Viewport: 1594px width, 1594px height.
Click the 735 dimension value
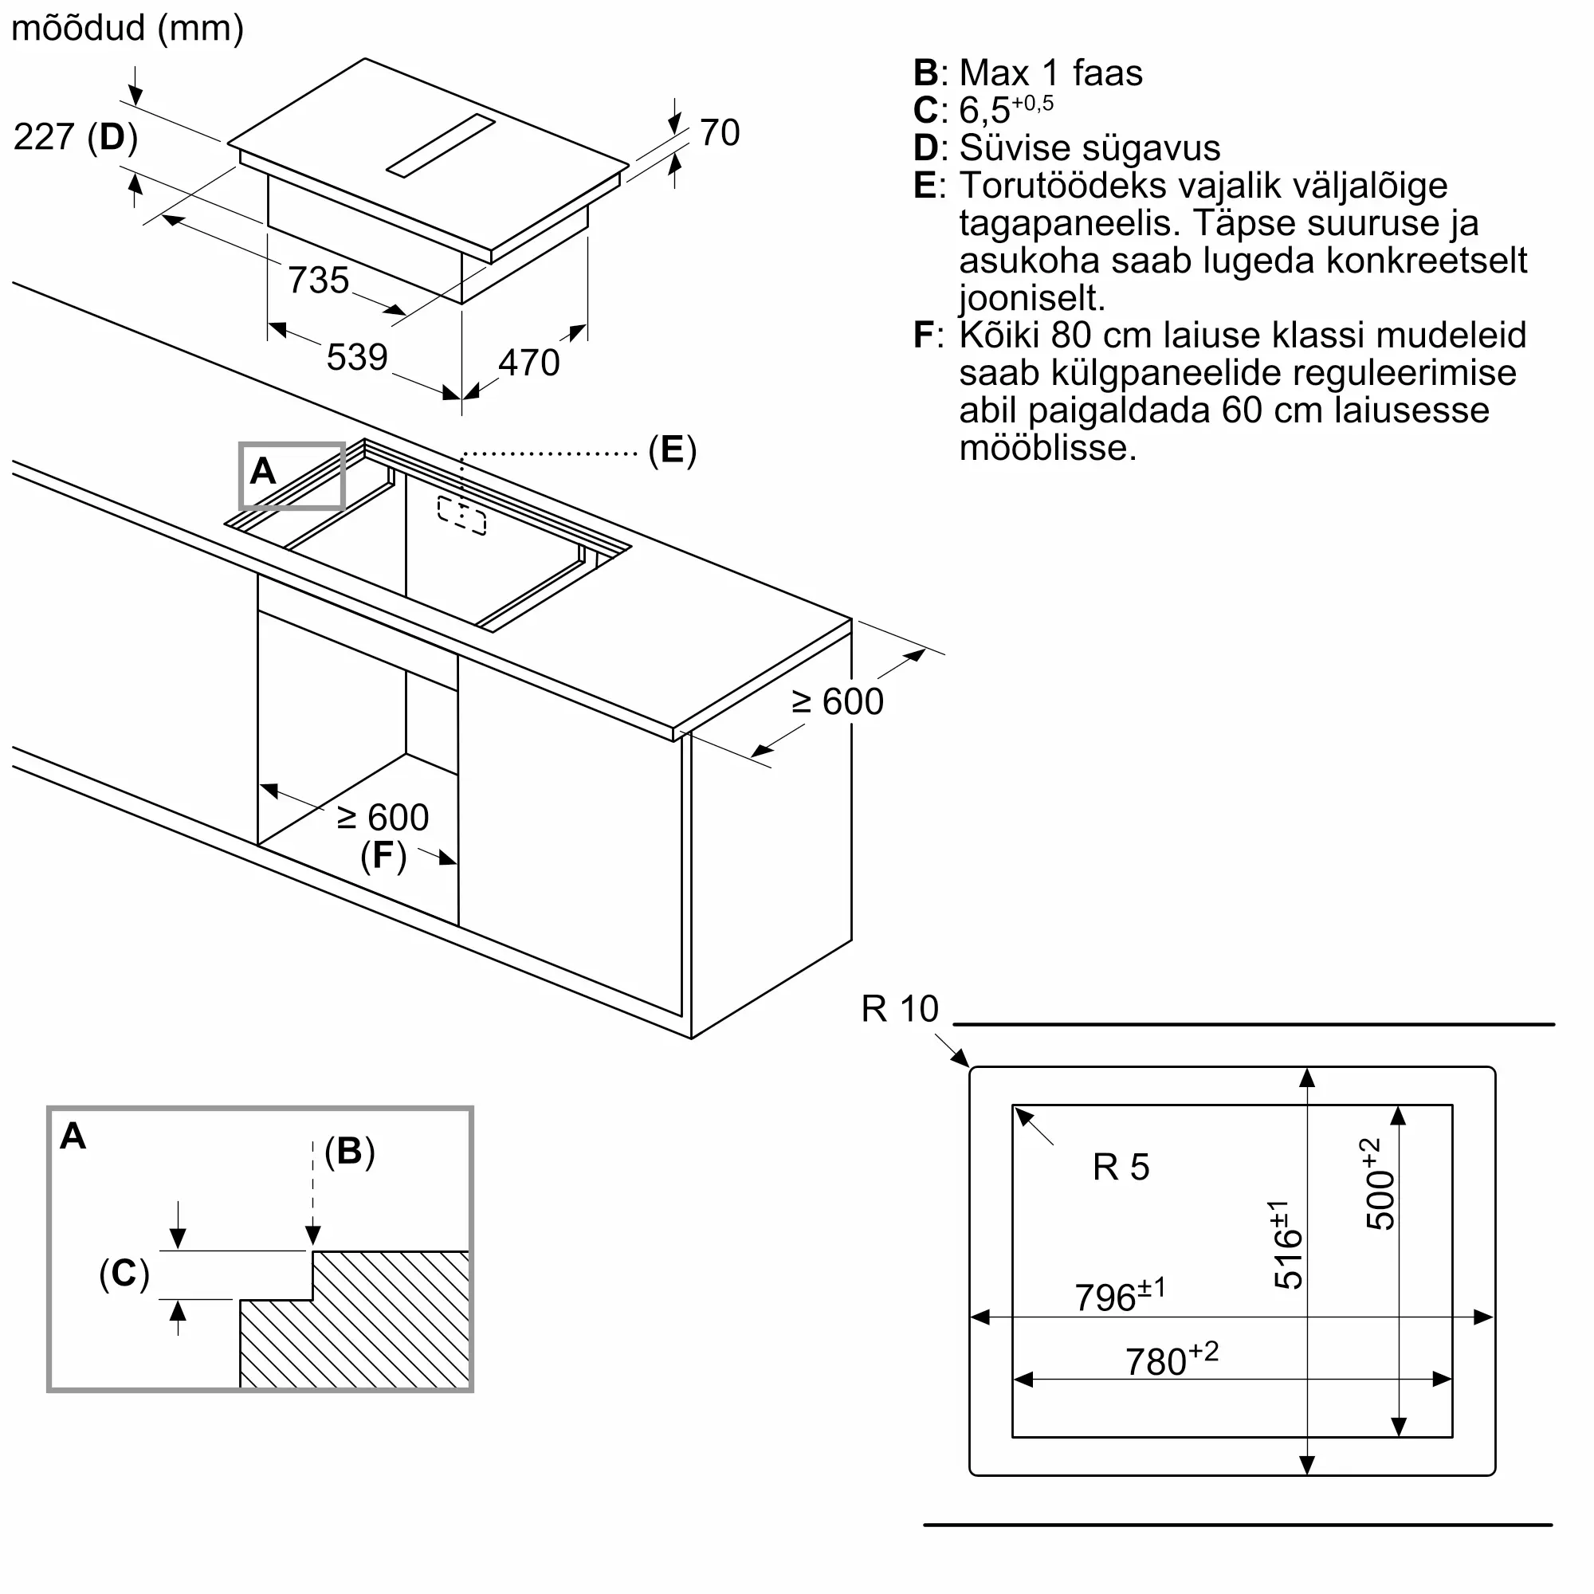click(x=319, y=280)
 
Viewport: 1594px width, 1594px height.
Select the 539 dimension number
click(x=357, y=357)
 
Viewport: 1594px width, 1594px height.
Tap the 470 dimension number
click(x=529, y=363)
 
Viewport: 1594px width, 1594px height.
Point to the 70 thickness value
click(x=720, y=133)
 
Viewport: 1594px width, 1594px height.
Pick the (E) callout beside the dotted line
click(x=673, y=450)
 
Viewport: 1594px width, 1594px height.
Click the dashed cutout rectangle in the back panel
click(x=462, y=516)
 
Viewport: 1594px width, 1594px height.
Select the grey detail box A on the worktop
click(x=292, y=476)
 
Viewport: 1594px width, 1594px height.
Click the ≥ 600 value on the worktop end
click(x=838, y=702)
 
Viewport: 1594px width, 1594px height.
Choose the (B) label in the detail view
click(x=350, y=1151)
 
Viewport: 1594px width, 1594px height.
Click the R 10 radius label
click(x=900, y=1009)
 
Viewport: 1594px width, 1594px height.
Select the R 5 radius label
click(x=1121, y=1168)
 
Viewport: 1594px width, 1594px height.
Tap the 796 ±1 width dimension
click(x=1121, y=1295)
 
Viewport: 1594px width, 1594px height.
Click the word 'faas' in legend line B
click(x=1107, y=73)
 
